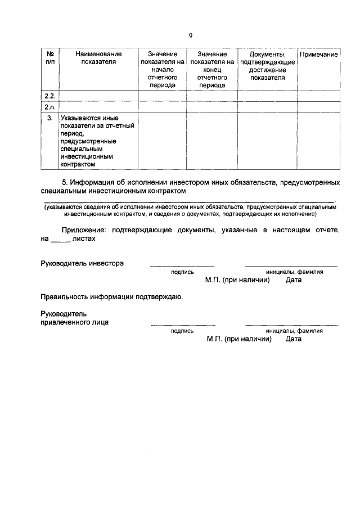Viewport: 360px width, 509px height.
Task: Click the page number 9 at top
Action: coord(191,35)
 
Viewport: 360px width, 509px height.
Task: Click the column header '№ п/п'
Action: coord(49,58)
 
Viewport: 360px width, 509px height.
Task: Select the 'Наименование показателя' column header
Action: coord(98,58)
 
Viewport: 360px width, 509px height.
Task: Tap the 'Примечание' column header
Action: coord(318,55)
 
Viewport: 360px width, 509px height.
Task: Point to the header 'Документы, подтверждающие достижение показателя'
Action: coord(267,66)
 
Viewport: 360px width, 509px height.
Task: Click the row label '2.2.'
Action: coord(49,96)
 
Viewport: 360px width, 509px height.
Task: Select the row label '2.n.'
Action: coord(49,106)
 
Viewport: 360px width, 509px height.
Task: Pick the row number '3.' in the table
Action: coord(49,118)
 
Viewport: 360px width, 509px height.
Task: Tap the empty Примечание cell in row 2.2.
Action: coord(318,96)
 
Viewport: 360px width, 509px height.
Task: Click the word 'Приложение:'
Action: coord(85,230)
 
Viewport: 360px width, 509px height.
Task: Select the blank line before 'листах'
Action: coord(60,240)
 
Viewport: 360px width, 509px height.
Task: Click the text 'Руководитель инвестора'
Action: coord(82,263)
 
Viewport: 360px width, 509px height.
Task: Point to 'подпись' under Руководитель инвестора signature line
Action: coord(182,272)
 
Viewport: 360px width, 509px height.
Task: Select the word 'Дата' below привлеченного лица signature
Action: coord(294,339)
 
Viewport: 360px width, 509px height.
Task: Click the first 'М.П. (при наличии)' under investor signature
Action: coord(238,280)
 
